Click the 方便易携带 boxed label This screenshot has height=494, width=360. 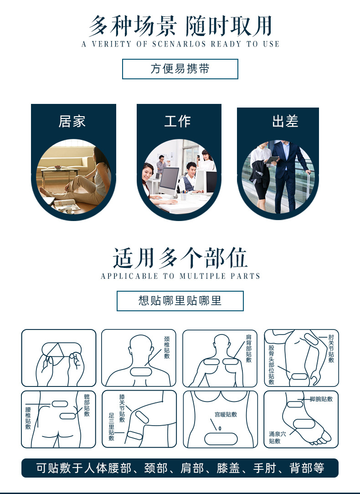pos(180,69)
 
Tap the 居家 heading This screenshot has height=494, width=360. pos(72,121)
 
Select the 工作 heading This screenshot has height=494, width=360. pos(177,121)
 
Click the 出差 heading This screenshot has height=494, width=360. pos(285,121)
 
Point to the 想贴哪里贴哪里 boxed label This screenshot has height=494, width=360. pos(180,301)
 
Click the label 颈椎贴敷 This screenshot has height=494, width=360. pos(167,348)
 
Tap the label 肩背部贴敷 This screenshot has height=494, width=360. pos(248,348)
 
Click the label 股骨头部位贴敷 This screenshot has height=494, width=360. pos(272,365)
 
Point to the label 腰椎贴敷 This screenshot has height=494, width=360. pos(28,418)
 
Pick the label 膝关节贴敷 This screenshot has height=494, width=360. pos(122,409)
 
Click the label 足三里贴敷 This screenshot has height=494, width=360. pos(112,427)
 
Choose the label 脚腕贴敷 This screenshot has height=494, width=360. pos(321,399)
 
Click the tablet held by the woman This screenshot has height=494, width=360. pos(272,160)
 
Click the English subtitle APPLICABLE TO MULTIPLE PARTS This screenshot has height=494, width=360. pos(180,276)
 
